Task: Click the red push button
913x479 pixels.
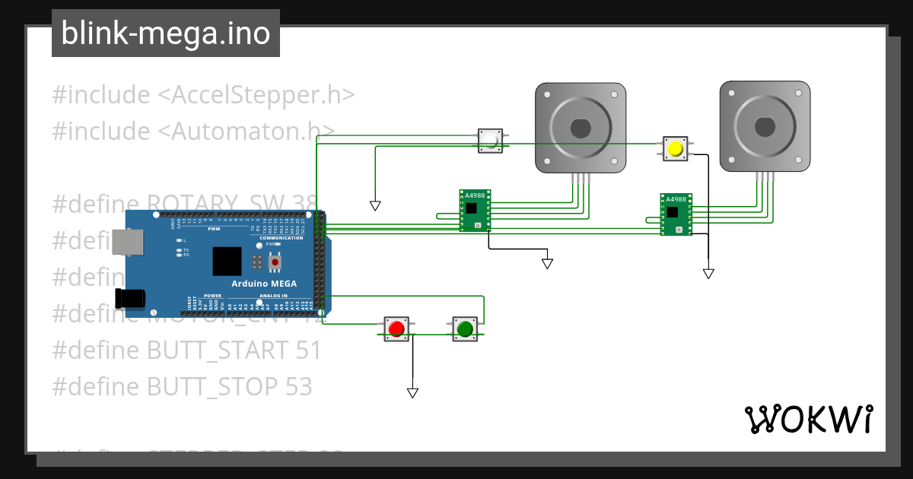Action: (x=396, y=328)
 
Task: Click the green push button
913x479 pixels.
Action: (x=465, y=328)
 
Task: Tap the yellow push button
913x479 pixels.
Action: (x=675, y=148)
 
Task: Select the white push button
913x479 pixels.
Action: (x=491, y=141)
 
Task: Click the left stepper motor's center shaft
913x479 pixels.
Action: (x=581, y=128)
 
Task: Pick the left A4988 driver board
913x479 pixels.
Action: (x=475, y=210)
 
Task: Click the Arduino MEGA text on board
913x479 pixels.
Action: (x=264, y=284)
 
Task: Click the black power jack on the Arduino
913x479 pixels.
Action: (x=129, y=298)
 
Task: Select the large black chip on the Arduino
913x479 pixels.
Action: (x=227, y=261)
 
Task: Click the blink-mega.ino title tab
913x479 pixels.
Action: (x=166, y=33)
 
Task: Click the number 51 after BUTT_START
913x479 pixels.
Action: (x=306, y=351)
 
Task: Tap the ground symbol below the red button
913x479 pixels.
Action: (x=412, y=393)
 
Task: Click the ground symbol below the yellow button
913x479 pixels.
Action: (x=708, y=274)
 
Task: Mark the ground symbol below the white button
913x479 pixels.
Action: (x=375, y=205)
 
